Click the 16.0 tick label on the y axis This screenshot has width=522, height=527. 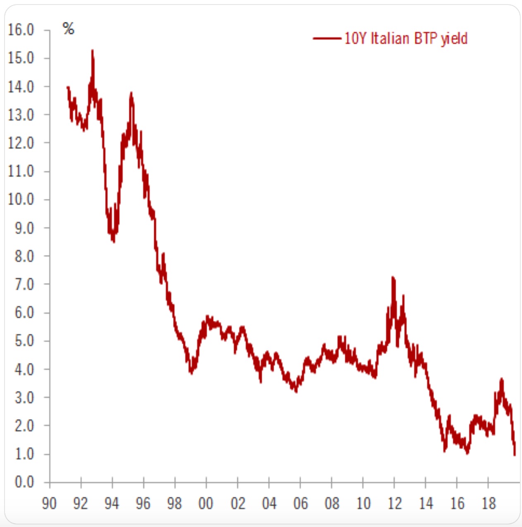[x=21, y=30]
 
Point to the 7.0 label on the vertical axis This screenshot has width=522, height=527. [x=24, y=285]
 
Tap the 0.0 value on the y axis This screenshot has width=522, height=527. [x=24, y=482]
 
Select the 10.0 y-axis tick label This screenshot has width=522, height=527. [x=21, y=200]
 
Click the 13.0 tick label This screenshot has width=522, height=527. [x=21, y=115]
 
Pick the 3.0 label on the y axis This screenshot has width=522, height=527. [x=24, y=398]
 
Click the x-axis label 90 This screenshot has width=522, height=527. [x=49, y=503]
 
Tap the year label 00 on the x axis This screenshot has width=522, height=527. [x=206, y=503]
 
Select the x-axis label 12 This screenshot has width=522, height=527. [x=394, y=503]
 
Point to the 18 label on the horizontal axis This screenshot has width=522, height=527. [x=488, y=503]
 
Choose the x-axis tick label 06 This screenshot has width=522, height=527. [x=300, y=503]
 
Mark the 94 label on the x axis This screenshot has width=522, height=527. [x=112, y=503]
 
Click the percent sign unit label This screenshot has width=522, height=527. [x=68, y=29]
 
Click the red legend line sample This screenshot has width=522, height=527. [x=327, y=39]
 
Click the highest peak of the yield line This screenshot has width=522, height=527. [x=92, y=51]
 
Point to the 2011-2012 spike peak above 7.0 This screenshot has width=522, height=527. [x=393, y=278]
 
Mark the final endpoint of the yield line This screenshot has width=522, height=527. [x=515, y=455]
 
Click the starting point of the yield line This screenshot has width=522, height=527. [x=67, y=87]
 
